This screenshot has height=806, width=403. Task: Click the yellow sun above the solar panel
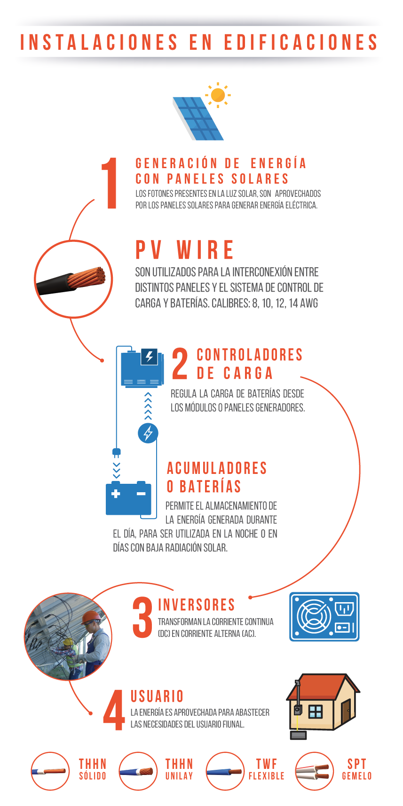[x=218, y=95]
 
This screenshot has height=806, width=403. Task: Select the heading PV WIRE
[x=185, y=250]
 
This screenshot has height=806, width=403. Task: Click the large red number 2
[x=180, y=364]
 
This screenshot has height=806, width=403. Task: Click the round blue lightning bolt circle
[x=148, y=433]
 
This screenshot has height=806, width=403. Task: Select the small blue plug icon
[x=117, y=453]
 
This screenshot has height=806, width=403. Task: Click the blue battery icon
[x=128, y=498]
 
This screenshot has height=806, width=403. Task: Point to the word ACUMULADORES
[x=217, y=468]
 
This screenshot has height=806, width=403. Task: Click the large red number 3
[x=143, y=617]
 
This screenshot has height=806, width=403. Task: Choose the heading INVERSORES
[x=197, y=605]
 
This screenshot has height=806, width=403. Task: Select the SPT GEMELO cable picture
[x=315, y=771]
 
